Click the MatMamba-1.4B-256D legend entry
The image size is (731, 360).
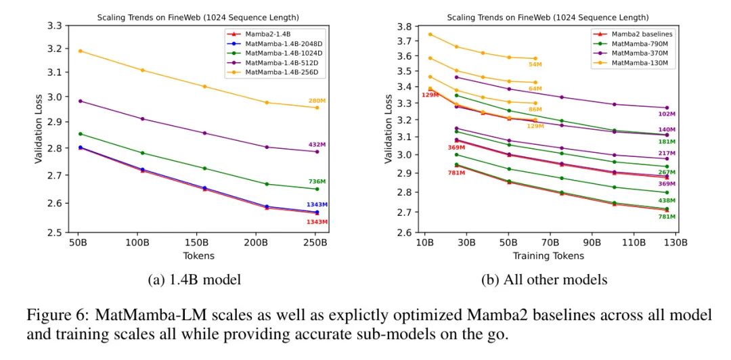coord(273,72)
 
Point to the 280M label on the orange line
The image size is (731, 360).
coord(318,101)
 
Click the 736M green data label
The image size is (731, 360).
coord(318,182)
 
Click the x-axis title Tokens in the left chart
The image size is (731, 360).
coord(198,256)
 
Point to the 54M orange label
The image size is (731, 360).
coord(535,65)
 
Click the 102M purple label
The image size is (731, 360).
coord(667,114)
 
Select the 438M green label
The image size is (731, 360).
coord(667,201)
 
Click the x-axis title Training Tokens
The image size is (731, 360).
coord(548,256)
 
